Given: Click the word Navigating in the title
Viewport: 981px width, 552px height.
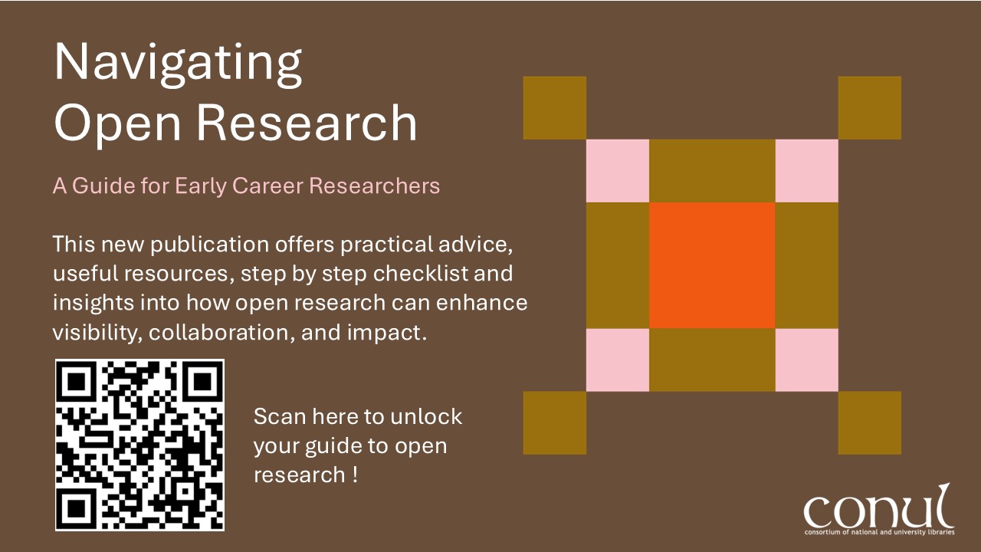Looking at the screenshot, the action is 178,64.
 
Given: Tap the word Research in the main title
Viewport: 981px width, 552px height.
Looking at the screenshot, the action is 307,123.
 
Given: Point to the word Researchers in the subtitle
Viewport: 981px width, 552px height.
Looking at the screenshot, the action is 375,186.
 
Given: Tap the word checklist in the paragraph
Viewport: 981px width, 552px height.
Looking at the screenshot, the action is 422,274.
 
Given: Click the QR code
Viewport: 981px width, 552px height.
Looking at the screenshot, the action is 139,445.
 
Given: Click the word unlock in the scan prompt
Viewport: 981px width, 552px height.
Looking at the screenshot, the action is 425,416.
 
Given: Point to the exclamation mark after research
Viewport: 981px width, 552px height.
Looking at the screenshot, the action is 354,475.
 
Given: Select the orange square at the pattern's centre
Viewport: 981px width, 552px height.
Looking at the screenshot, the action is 712,265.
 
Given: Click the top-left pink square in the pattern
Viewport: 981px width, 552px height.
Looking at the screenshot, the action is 618,171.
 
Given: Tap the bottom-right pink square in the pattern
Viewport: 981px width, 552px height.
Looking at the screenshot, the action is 807,360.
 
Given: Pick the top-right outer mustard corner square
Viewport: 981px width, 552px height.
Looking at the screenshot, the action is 870,108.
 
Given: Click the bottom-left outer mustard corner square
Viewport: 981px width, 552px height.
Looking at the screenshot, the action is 555,422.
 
